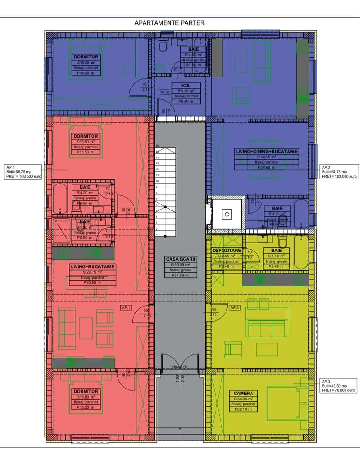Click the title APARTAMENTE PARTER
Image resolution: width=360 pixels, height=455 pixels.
pyautogui.click(x=170, y=22)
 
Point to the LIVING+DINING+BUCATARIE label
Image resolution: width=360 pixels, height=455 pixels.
pyautogui.click(x=267, y=151)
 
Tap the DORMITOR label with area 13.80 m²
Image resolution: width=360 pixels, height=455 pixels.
pyautogui.click(x=85, y=391)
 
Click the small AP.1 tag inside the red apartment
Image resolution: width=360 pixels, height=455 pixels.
pyautogui.click(x=126, y=308)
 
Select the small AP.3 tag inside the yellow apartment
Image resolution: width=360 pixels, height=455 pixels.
pyautogui.click(x=235, y=308)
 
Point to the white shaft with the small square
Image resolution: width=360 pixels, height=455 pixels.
pyautogui.click(x=226, y=213)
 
